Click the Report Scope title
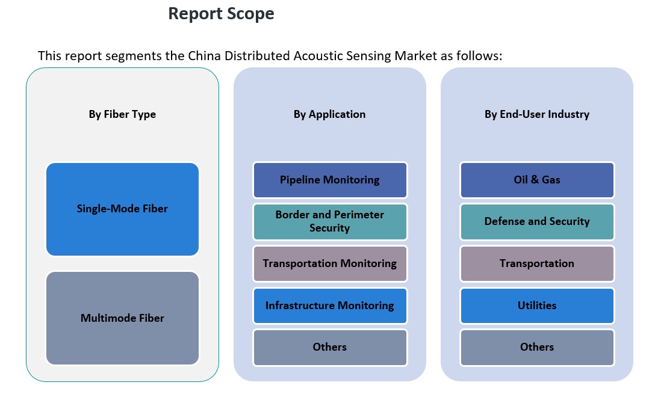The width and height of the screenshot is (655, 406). pos(221,14)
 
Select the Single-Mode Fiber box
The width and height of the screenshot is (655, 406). pos(122,209)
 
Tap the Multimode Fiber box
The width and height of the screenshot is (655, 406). pos(122,318)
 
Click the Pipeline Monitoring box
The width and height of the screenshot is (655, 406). pos(330,180)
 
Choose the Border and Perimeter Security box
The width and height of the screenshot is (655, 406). pos(330,221)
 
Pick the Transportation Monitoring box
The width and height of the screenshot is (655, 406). pos(330,263)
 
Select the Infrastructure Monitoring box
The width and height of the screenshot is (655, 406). pos(330,306)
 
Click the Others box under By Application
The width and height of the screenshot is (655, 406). pos(330,347)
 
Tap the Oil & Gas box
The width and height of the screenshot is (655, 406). pos(537,180)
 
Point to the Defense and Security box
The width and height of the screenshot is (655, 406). pos(537,221)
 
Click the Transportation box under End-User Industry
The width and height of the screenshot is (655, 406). pos(537,263)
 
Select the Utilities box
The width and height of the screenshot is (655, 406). pos(537,306)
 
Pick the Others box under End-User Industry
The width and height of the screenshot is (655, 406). pos(537,347)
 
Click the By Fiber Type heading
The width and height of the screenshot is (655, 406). pos(122,115)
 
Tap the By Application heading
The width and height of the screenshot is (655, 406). pos(329,115)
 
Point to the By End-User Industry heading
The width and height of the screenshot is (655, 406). pos(537,115)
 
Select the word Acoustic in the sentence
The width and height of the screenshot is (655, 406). pos(318,56)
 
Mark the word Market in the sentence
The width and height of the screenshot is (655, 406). pos(416,56)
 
